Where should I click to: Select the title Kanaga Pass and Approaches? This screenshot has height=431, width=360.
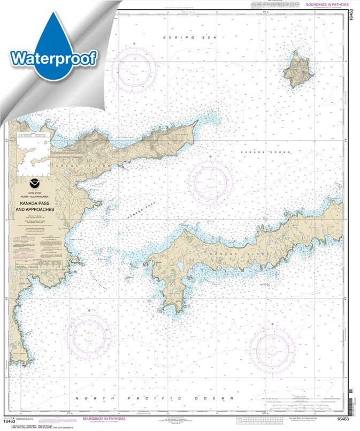coord(36,207)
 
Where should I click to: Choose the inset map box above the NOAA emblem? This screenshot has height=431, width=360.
coord(33,155)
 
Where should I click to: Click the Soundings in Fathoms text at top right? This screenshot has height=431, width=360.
coord(326,5)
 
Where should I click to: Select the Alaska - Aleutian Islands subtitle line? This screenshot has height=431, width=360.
coord(36,198)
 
